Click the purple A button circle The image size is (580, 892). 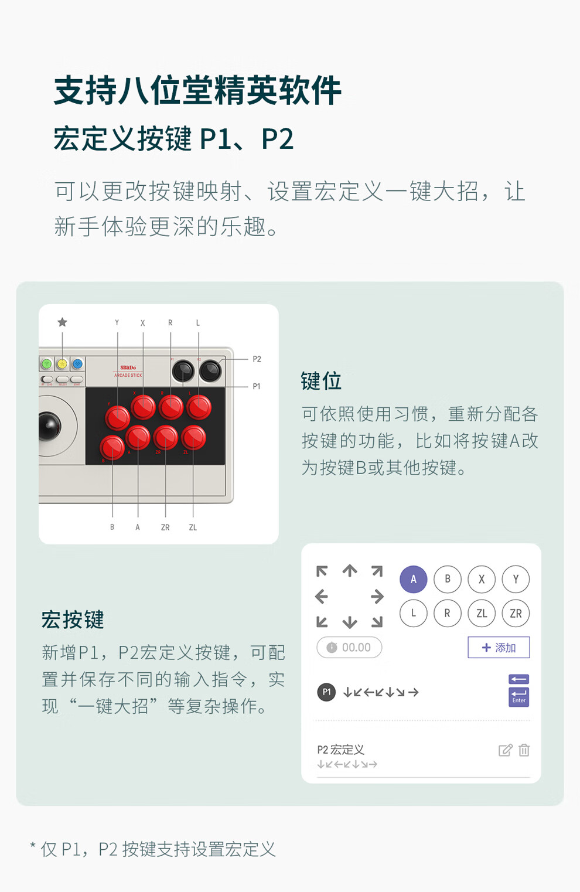pos(413,579)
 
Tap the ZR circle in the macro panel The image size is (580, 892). pos(516,613)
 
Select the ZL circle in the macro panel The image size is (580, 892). pos(482,613)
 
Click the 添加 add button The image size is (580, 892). pos(499,648)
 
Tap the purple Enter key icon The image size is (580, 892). pos(518,697)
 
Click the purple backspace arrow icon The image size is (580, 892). pos(518,679)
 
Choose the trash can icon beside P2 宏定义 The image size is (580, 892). pos(524,750)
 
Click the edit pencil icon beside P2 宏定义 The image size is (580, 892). pos(506,750)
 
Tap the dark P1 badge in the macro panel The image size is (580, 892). pos(326,692)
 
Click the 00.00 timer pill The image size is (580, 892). pos(349,648)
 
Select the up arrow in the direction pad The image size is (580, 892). pos(350,571)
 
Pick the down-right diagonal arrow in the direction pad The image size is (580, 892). pos(377,622)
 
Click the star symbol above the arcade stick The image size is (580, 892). pos(62,322)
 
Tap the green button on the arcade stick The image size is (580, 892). pos(46,363)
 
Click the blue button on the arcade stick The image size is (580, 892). pos(77,363)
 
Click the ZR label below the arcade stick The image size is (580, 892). pos(165,527)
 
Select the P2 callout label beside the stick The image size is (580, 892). pos(257,359)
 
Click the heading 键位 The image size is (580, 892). pos(321,381)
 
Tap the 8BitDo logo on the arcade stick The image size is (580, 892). pos(128,367)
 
